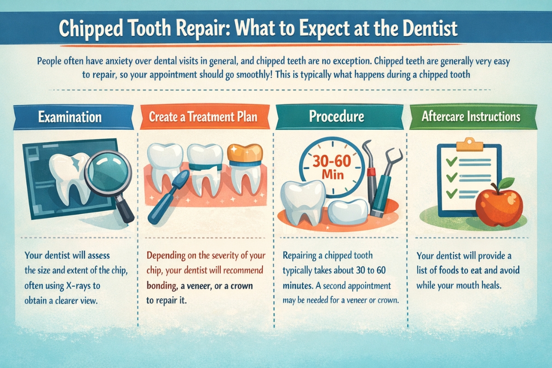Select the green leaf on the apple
click(508, 184)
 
